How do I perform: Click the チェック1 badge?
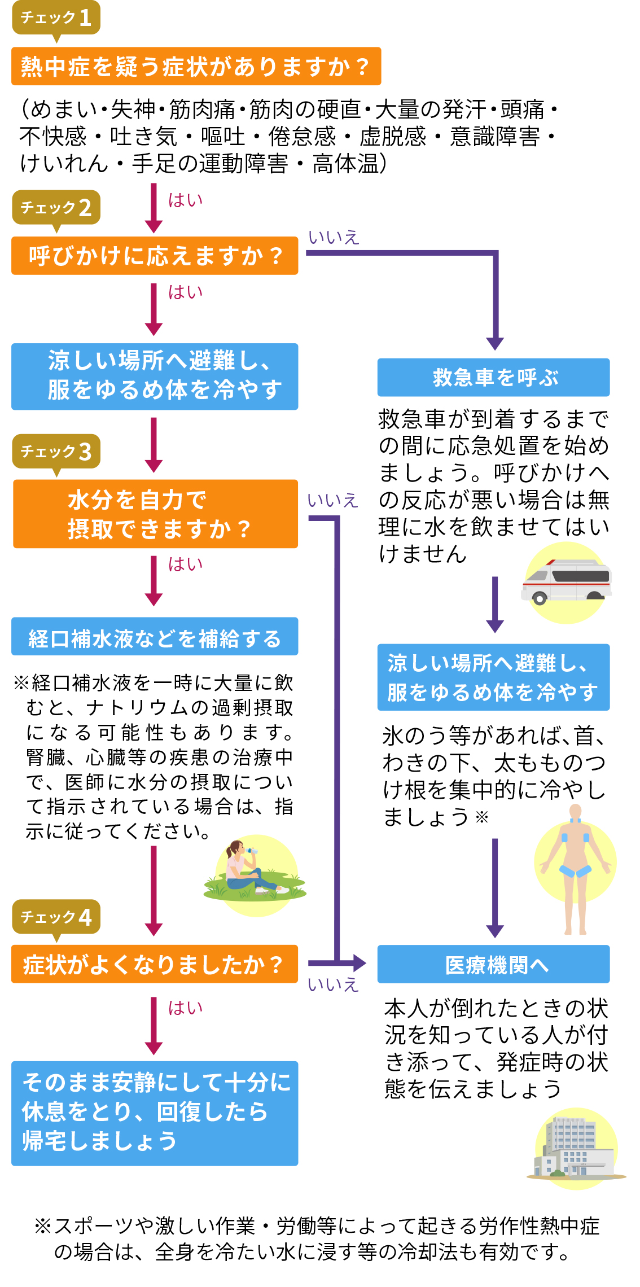(x=56, y=18)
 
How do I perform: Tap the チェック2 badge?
(x=56, y=208)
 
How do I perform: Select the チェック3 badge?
(x=56, y=452)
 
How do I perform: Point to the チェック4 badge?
(x=56, y=917)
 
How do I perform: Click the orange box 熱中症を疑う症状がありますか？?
(x=196, y=67)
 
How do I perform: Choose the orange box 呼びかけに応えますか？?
(x=155, y=256)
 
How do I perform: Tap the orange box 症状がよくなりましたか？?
(x=155, y=964)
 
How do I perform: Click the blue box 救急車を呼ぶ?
(x=493, y=377)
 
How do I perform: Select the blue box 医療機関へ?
(x=493, y=964)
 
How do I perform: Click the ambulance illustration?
(x=566, y=581)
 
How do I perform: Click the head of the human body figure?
(x=575, y=812)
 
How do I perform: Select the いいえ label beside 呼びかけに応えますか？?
(x=334, y=238)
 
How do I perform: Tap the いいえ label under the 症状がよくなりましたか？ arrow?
(x=333, y=985)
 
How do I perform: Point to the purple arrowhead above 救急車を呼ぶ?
(x=495, y=343)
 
